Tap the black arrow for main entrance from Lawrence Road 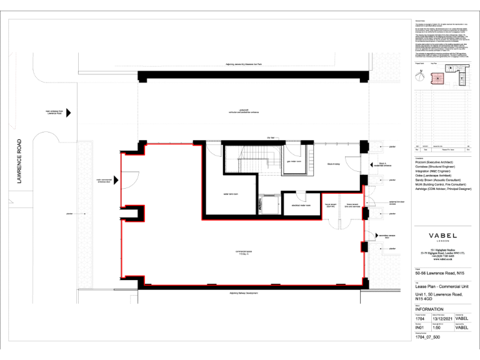69,112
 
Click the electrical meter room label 301,204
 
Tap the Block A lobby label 333,164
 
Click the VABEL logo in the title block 442,236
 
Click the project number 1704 421,318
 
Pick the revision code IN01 421,327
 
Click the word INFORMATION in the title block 429,309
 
